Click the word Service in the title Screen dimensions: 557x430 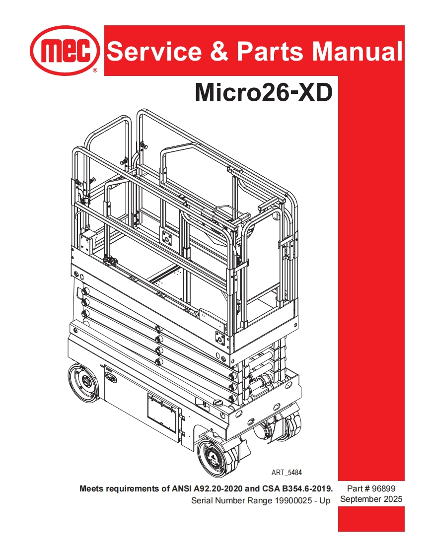click(154, 52)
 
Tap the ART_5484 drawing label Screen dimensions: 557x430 click(287, 472)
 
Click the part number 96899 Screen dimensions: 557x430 click(385, 488)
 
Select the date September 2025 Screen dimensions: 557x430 click(371, 499)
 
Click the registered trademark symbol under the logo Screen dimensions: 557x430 click(95, 71)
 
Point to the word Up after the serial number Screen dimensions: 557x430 click(324, 500)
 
